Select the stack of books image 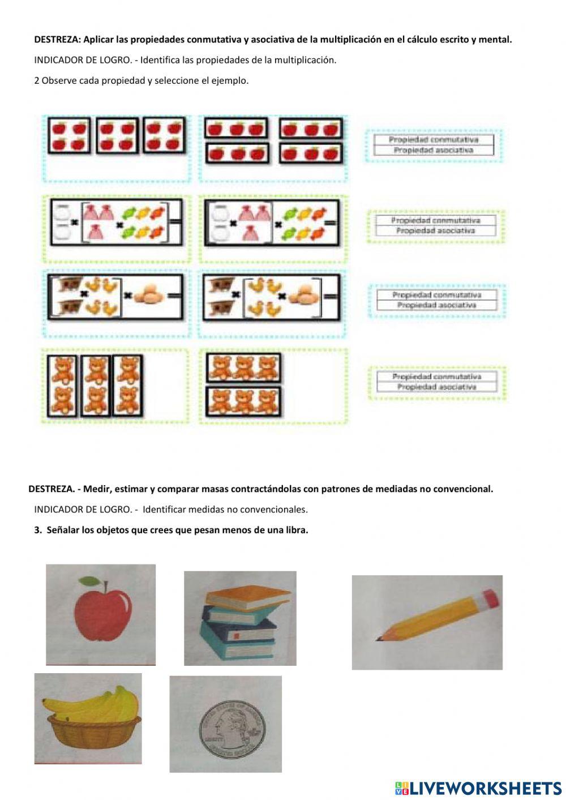[x=240, y=618]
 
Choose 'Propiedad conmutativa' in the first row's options [x=433, y=140]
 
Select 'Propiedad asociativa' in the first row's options [x=433, y=151]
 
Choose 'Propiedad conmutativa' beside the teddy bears [x=436, y=377]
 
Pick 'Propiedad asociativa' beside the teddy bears [x=436, y=387]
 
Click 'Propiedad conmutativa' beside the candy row [x=435, y=220]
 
